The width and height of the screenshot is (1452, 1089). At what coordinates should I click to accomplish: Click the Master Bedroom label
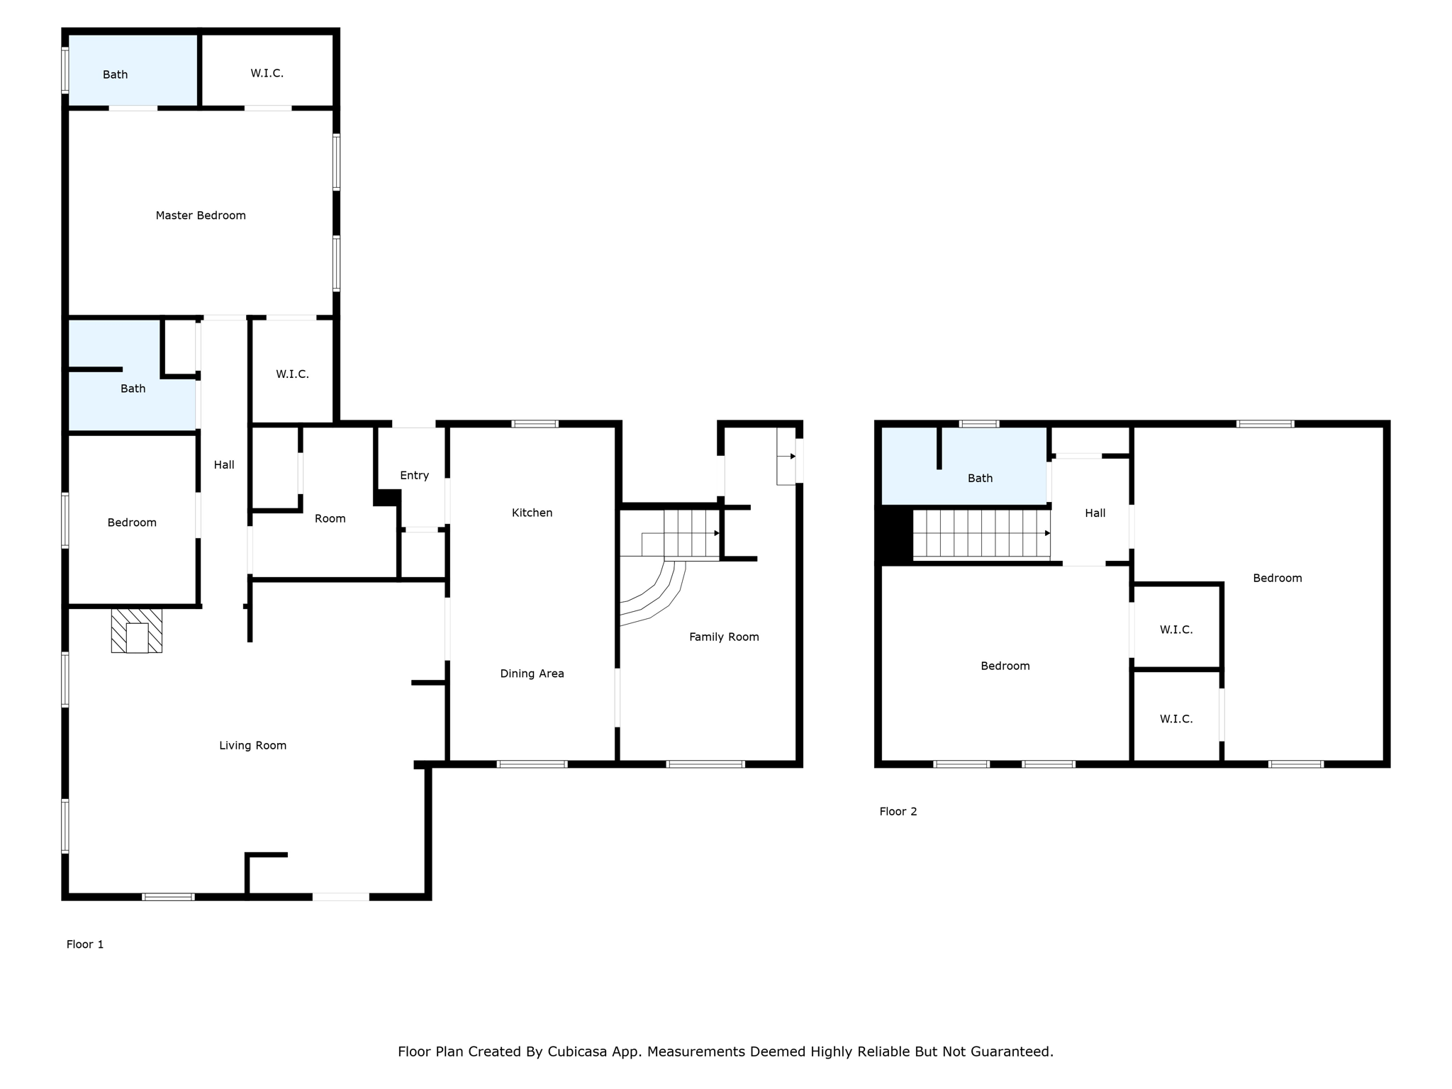(201, 216)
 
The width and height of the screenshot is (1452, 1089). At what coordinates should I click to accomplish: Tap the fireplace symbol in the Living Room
(137, 630)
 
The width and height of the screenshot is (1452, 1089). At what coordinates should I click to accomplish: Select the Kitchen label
(532, 513)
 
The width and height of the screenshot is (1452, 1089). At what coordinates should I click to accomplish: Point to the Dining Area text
(532, 674)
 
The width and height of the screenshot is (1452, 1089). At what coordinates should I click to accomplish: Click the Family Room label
(724, 637)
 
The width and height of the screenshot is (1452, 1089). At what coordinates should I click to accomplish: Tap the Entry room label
(414, 475)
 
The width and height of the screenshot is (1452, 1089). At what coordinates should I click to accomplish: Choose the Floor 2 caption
(898, 811)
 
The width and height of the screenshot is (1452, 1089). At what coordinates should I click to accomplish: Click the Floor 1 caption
(85, 944)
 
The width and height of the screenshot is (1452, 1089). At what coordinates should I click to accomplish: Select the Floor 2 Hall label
(1095, 513)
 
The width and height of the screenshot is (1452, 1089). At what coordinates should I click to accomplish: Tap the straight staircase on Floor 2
(981, 534)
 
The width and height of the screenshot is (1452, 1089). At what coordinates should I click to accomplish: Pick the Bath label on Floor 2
(980, 478)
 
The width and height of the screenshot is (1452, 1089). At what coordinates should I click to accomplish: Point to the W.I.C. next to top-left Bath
(267, 73)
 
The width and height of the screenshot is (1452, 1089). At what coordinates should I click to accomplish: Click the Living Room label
(252, 745)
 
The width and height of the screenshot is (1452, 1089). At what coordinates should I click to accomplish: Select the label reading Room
(330, 518)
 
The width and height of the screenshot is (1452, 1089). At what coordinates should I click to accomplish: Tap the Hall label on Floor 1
(224, 464)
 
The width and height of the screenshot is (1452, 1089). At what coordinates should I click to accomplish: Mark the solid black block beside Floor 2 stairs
(896, 536)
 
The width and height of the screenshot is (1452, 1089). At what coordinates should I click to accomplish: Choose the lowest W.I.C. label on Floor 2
(1175, 719)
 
